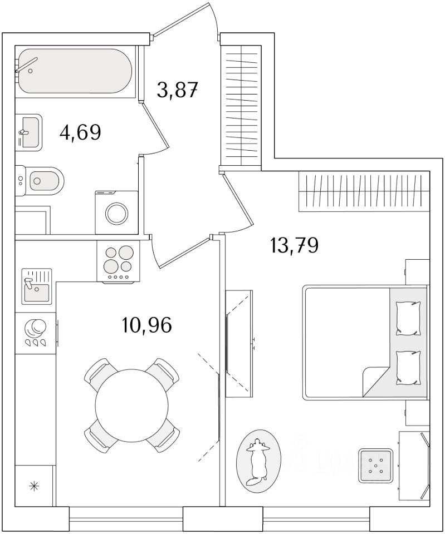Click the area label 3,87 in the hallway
177,89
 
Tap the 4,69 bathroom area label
80,133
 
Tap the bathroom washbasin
28,131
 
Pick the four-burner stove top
118,262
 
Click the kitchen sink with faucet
37,285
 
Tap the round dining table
132,404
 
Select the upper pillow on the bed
407,318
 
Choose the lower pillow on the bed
407,368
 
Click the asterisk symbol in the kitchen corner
35,486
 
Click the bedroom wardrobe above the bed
364,192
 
